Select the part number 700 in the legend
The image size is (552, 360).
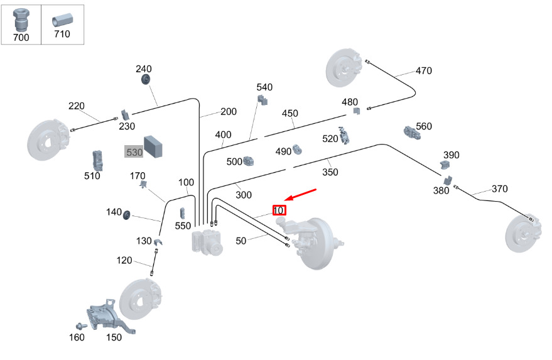click(x=21, y=36)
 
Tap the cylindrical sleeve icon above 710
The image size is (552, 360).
click(x=62, y=19)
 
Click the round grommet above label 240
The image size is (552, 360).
click(x=146, y=79)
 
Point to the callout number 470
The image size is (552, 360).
click(x=424, y=71)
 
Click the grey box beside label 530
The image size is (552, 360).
click(x=154, y=146)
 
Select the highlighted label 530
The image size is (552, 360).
click(x=134, y=153)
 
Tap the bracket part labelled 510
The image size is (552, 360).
click(x=97, y=160)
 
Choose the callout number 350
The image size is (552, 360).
click(x=330, y=172)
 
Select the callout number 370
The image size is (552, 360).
click(x=499, y=188)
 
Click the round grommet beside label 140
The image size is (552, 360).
click(x=127, y=215)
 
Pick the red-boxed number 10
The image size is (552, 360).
click(x=279, y=210)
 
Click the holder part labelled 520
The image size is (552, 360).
click(x=344, y=135)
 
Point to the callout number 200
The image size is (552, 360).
click(x=229, y=112)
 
